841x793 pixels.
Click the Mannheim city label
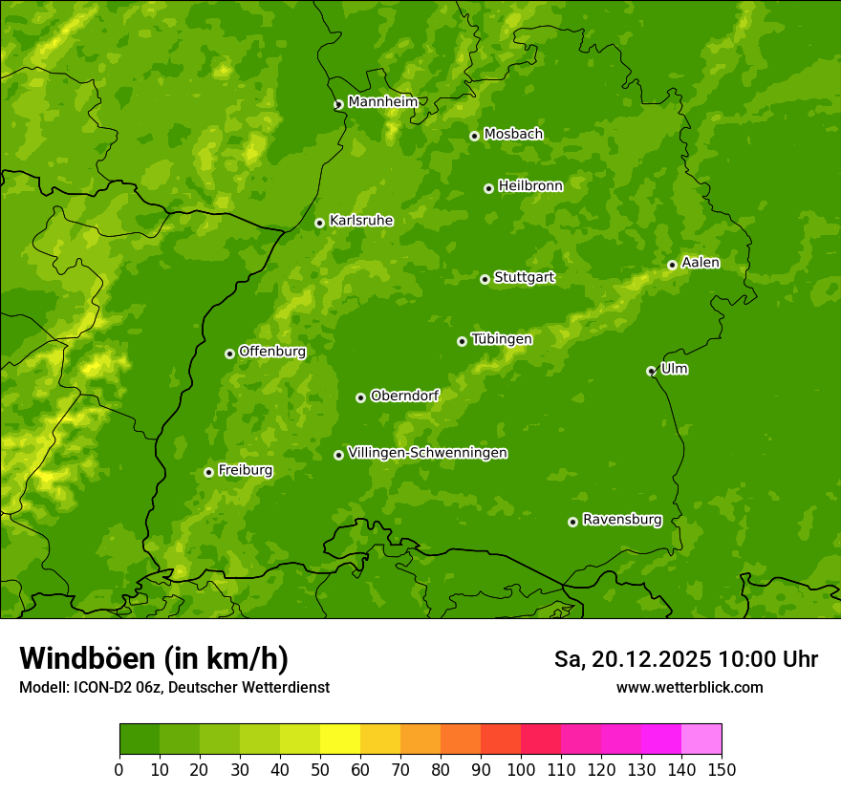(x=382, y=101)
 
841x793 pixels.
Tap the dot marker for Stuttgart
(x=485, y=279)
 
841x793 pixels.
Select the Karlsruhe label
(x=360, y=220)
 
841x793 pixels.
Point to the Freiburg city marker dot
(x=208, y=472)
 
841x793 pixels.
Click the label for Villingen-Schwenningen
(x=427, y=452)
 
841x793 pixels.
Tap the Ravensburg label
(x=621, y=519)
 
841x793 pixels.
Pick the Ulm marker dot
(x=651, y=371)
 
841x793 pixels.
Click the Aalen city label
(x=700, y=262)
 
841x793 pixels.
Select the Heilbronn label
(x=529, y=185)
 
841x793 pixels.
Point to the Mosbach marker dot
(x=474, y=136)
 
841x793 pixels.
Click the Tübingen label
(x=501, y=338)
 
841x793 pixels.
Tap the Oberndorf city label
(x=404, y=395)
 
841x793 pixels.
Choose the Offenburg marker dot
(x=229, y=354)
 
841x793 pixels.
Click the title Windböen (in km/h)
(x=153, y=658)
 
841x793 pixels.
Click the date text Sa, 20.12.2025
(x=632, y=659)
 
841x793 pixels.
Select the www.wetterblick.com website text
(x=689, y=687)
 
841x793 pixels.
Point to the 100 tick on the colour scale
(x=521, y=768)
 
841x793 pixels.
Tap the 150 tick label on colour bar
(x=722, y=768)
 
